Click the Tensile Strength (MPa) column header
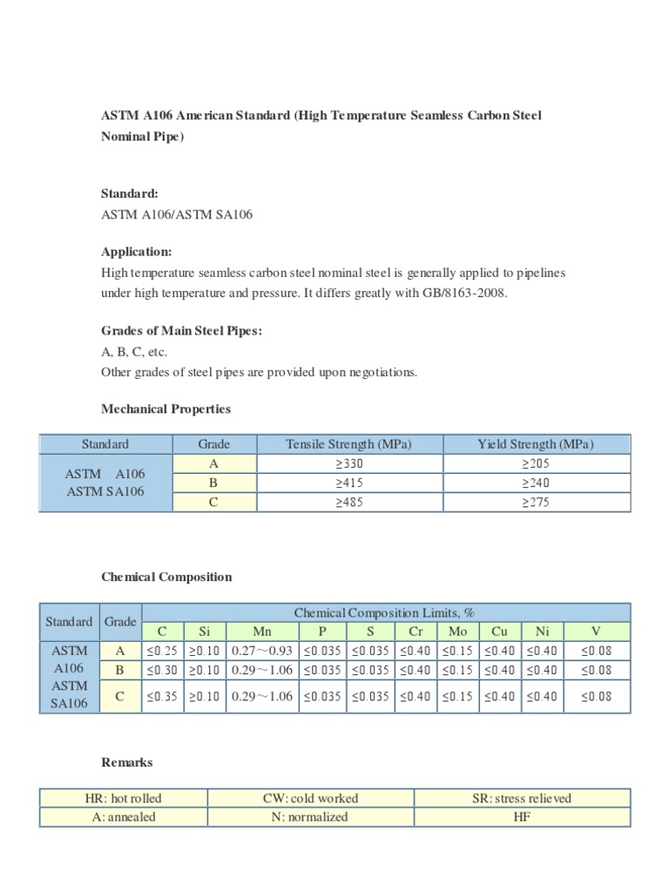pos(348,444)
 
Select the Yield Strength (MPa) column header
pos(535,444)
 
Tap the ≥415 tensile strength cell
pos(348,483)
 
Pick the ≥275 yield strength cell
pos(535,503)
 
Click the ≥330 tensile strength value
pos(348,463)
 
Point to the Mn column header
pos(262,632)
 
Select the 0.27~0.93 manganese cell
pos(262,651)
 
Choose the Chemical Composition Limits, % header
pos(384,612)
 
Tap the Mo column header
pos(457,632)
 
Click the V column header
pos(596,632)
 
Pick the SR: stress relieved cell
pos(522,798)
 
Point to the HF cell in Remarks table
pos(522,817)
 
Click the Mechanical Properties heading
pos(166,409)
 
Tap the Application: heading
pos(137,252)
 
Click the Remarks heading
pos(127,762)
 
